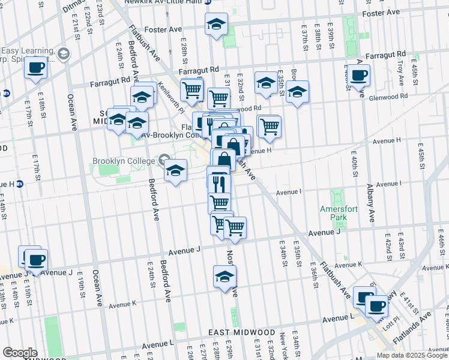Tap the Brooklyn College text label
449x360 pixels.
tap(123, 161)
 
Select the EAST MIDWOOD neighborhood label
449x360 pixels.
tap(241, 332)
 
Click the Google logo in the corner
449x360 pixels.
tap(20, 353)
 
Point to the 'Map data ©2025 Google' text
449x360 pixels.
tap(412, 355)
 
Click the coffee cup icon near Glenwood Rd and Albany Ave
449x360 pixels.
tap(360, 76)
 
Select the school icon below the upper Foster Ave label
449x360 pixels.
tap(216, 25)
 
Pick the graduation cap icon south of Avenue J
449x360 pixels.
tap(224, 277)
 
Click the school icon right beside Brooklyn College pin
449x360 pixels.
tap(175, 170)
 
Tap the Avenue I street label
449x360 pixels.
tap(288, 193)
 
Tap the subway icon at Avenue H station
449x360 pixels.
tap(20, 184)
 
